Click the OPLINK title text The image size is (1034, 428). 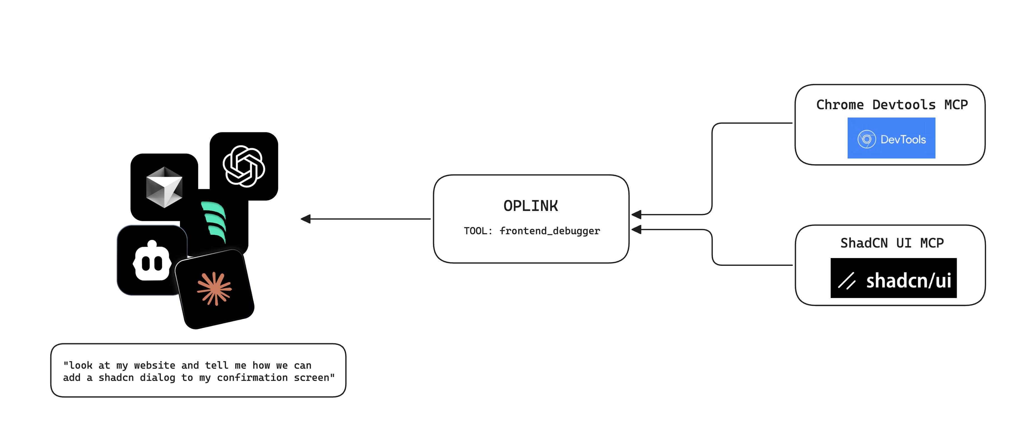(531, 206)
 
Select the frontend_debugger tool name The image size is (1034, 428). (550, 231)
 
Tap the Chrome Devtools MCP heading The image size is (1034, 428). (892, 105)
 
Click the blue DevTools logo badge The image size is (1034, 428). (891, 138)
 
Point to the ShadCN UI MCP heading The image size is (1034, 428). (892, 243)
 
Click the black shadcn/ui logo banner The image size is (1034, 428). (893, 278)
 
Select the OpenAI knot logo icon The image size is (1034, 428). (244, 166)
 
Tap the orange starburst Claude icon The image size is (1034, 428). (215, 289)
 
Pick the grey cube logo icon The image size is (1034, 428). (164, 187)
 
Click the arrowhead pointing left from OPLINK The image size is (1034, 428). (306, 219)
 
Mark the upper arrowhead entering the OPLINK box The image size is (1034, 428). (636, 214)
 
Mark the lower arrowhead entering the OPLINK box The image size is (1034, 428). (636, 230)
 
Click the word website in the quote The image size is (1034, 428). (154, 365)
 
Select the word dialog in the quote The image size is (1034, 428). (157, 378)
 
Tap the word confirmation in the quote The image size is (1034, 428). (252, 378)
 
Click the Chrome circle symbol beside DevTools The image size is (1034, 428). (867, 139)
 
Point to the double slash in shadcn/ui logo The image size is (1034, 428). (847, 281)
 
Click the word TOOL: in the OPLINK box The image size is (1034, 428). (478, 231)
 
